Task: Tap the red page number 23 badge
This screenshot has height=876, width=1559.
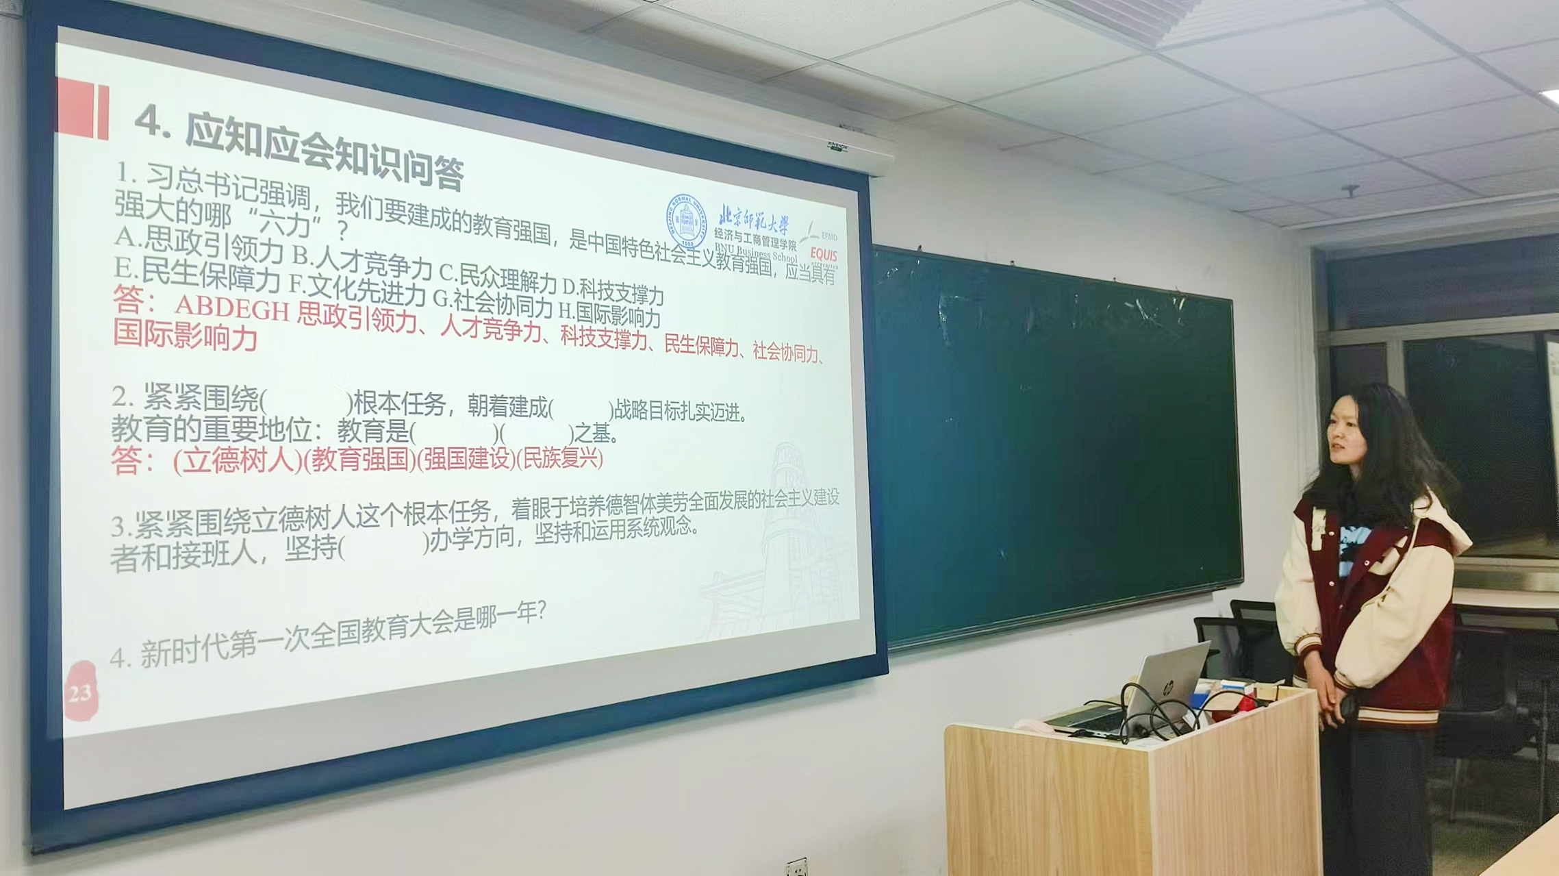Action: [80, 692]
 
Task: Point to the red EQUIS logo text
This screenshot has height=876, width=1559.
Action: [823, 255]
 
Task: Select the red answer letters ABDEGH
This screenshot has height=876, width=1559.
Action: [232, 308]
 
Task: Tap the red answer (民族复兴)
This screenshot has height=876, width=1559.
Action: [559, 458]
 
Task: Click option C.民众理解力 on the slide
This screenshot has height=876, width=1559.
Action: [498, 277]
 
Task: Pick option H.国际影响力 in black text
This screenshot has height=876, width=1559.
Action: [609, 314]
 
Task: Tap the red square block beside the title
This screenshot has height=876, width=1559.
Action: [82, 108]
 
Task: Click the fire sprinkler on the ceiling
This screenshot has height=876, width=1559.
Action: [1349, 190]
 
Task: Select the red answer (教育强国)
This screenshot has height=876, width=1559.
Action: [360, 460]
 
